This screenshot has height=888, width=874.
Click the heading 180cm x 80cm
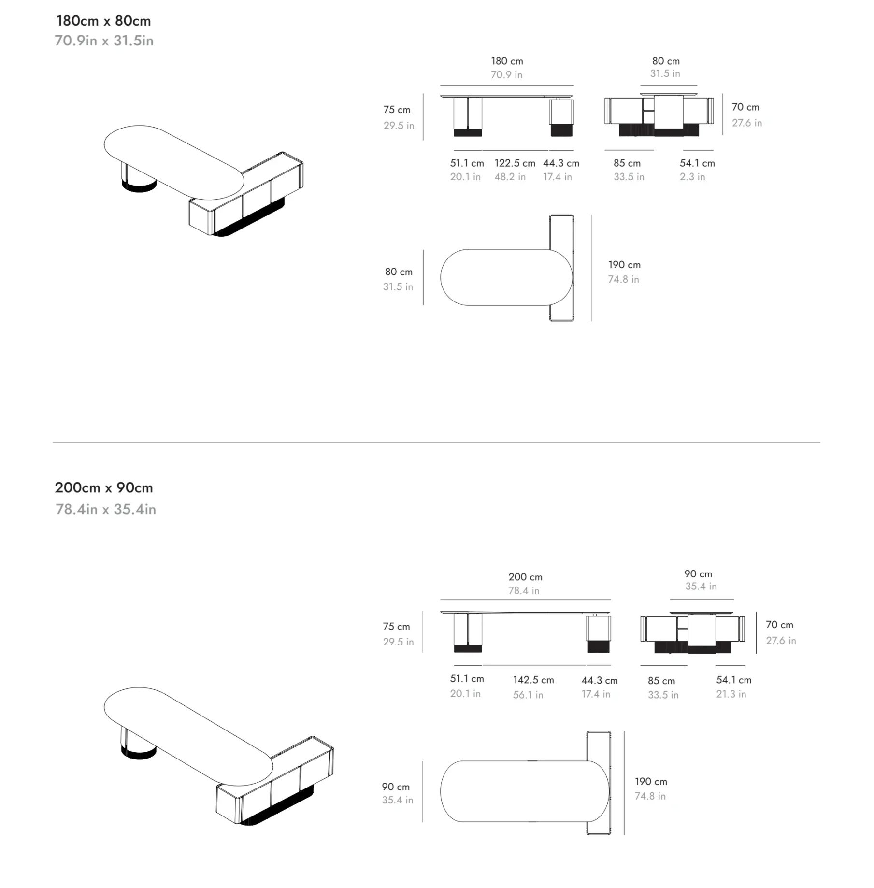click(x=103, y=21)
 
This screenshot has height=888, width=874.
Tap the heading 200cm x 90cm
click(x=104, y=488)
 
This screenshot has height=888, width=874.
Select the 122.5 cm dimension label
click(x=515, y=163)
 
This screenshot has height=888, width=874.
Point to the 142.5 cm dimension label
click(x=533, y=680)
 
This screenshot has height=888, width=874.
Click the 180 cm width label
click(x=507, y=61)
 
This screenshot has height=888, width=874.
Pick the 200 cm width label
click(x=525, y=577)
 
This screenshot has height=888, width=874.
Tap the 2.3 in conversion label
click(x=692, y=177)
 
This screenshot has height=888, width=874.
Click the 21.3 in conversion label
click(x=731, y=694)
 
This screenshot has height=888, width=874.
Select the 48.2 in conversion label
click(x=510, y=177)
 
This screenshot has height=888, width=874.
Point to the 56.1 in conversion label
click(x=528, y=695)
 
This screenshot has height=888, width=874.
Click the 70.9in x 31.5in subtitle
click(x=104, y=41)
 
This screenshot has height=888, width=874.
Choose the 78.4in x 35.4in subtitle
click(x=106, y=509)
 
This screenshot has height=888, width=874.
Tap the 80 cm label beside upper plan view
click(x=399, y=272)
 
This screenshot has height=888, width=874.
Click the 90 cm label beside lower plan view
click(x=395, y=787)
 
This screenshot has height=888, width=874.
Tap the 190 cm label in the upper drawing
click(x=624, y=265)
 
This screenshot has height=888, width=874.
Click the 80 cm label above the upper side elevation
click(x=666, y=61)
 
